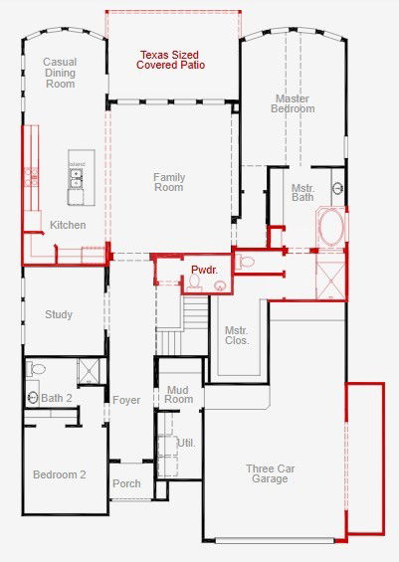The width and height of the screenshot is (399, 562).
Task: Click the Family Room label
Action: [169, 182]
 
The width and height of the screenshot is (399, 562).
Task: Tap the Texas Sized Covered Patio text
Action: [170, 60]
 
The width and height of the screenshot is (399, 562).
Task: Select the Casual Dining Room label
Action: [60, 73]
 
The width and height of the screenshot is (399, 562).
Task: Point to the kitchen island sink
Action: [76, 178]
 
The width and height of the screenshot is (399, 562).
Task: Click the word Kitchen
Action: [68, 225]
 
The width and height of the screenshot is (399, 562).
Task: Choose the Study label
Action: [59, 314]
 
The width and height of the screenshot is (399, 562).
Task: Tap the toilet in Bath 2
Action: [36, 368]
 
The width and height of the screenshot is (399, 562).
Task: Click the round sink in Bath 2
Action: [33, 397]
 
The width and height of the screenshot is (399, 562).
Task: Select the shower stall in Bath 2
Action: [89, 371]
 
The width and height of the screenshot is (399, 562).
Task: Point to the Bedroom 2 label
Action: [60, 474]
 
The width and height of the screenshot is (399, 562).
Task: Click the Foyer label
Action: [126, 400]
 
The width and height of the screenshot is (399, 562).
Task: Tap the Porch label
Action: [126, 483]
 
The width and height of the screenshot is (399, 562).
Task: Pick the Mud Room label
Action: [178, 394]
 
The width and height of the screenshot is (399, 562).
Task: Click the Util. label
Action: [186, 443]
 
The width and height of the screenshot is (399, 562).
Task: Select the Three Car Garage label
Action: [271, 473]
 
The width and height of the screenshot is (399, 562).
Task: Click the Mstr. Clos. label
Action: [237, 335]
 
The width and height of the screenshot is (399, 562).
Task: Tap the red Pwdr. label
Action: [204, 270]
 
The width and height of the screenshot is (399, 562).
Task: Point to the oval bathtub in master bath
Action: [330, 228]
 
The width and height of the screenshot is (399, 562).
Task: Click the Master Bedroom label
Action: [293, 103]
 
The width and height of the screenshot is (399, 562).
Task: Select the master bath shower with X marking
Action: [331, 281]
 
